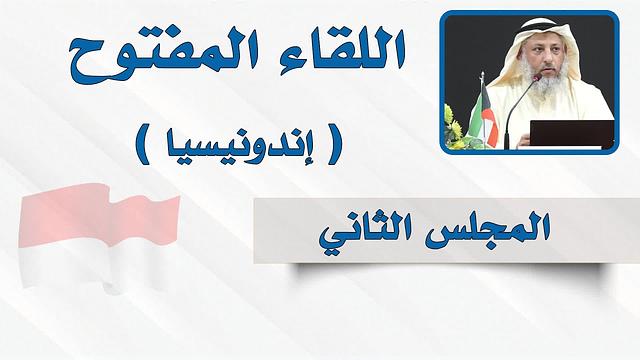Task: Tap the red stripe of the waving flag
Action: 100,215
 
